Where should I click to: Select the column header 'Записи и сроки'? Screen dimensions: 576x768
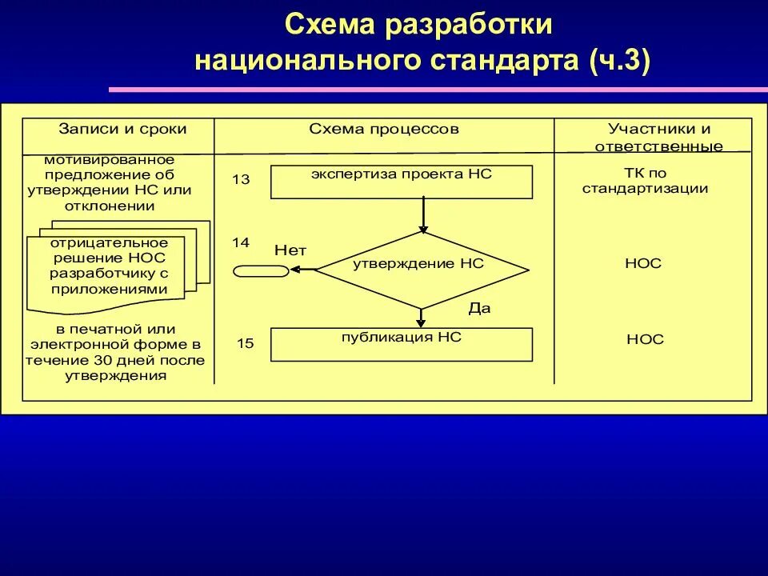122,129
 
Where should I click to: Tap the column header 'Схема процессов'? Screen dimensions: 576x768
385,129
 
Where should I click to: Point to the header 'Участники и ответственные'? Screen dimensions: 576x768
658,137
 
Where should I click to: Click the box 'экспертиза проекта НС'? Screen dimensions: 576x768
402,182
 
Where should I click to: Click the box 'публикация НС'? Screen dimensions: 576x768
402,344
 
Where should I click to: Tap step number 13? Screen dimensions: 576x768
241,180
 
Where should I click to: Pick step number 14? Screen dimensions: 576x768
241,241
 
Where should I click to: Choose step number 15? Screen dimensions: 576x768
245,344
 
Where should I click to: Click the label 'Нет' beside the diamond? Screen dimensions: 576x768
290,250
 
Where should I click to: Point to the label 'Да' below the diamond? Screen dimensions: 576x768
479,307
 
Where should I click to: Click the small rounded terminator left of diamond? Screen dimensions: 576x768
261,271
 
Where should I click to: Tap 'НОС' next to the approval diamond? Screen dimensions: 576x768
644,263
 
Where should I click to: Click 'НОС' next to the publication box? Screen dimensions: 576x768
645,339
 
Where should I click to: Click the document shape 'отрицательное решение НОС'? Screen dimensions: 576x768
110,267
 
